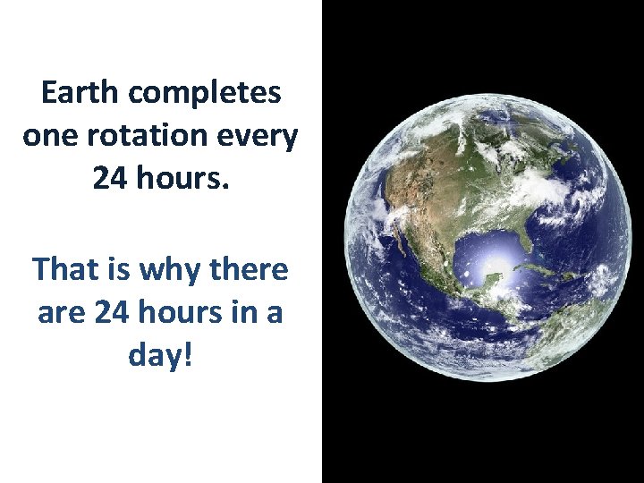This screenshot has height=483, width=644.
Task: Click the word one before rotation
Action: point(53,137)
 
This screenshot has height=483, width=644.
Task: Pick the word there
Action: point(250,268)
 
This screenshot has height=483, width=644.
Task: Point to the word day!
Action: point(161,356)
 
